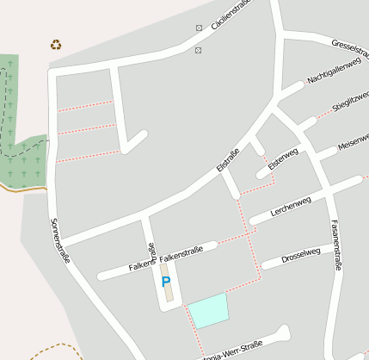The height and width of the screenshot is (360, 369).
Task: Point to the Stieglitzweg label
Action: point(350,100)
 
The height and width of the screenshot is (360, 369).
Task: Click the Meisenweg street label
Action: point(353,140)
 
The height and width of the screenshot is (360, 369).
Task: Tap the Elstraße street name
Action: point(228,159)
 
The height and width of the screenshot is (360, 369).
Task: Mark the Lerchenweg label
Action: point(290,204)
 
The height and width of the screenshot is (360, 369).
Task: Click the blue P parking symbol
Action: point(166,281)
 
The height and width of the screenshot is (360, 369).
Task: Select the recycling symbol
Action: point(56,45)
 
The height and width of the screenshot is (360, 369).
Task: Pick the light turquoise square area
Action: point(209,310)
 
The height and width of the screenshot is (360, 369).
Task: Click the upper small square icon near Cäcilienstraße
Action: point(200,28)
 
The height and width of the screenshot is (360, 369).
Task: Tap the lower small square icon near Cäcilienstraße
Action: point(199,51)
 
